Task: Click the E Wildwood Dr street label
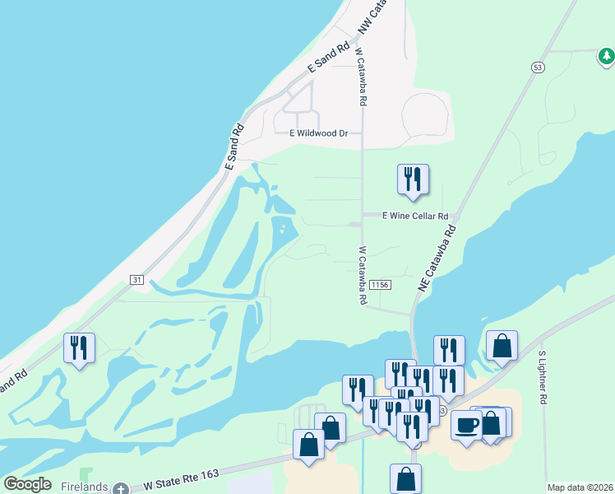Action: [x=319, y=133]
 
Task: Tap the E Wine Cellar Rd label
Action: [x=415, y=216]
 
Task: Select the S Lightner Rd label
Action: [x=542, y=377]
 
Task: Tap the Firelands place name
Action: [x=85, y=487]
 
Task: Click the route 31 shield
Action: [x=136, y=280]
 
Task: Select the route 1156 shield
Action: [x=380, y=284]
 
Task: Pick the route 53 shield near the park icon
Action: [x=538, y=67]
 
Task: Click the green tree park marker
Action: [x=606, y=56]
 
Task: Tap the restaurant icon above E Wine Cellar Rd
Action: [x=413, y=180]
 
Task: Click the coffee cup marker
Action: [x=467, y=425]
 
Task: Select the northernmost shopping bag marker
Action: [x=502, y=347]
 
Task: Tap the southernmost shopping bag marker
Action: [x=405, y=478]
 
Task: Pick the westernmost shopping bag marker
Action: [x=308, y=445]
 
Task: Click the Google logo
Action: [x=27, y=484]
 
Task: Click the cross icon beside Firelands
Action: [x=121, y=488]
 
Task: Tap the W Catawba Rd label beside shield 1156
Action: [x=362, y=276]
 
